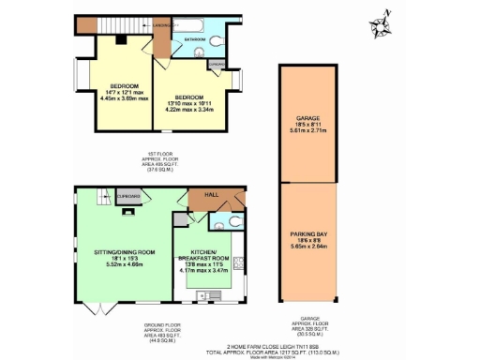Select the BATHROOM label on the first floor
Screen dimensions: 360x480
coord(195,39)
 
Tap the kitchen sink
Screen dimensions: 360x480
coord(201,294)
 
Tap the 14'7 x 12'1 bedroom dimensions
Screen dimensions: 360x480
coord(117,88)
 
